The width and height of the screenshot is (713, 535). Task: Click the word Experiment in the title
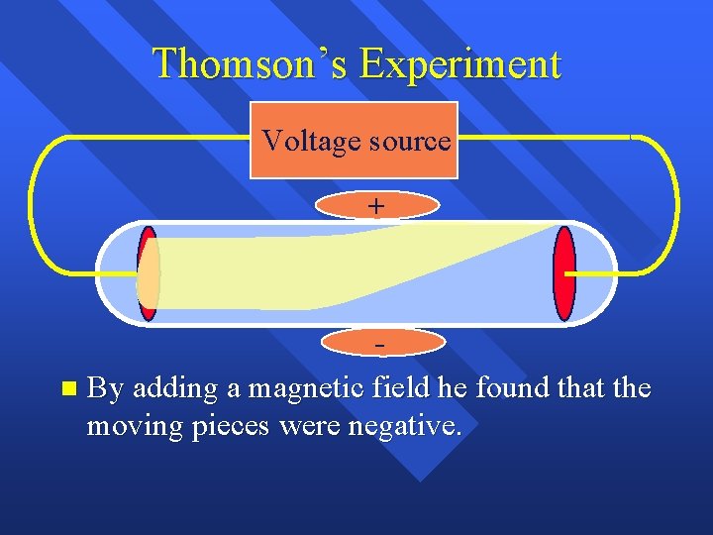point(460,63)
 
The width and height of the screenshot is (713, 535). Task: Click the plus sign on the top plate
point(376,205)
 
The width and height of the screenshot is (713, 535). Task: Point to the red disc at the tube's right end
point(564,273)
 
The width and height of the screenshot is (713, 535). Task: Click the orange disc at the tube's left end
point(148,273)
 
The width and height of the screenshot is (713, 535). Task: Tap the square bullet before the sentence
point(66,387)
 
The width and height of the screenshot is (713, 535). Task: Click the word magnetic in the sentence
point(305,387)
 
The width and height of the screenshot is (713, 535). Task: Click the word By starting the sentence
point(105,387)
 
